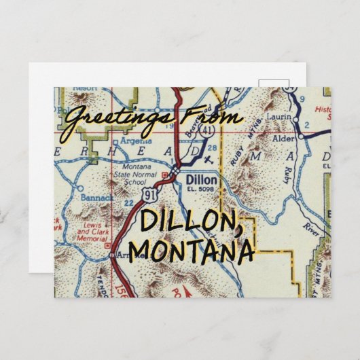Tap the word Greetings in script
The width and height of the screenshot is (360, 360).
tap(115, 118)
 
